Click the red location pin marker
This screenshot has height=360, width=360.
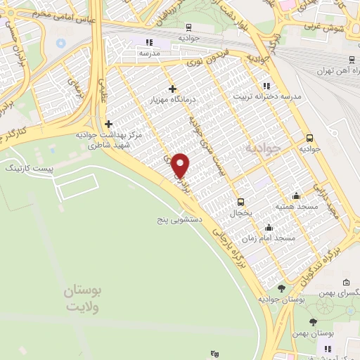pos(181,165)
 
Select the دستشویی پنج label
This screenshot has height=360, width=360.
pos(180,219)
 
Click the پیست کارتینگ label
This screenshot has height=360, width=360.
pos(24,170)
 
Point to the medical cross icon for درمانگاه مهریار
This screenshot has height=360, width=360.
pos(172,89)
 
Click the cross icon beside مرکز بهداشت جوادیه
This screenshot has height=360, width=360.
pos(108,124)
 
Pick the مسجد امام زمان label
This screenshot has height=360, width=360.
pos(275,238)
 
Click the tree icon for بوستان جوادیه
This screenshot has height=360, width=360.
pos(281,288)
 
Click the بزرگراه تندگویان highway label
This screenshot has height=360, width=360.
pos(309,260)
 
